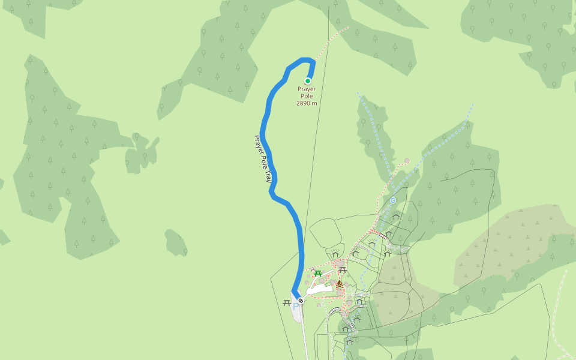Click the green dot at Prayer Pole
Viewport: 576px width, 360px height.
308,80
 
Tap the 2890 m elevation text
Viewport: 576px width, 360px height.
307,103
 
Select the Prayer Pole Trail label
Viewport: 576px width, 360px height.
263,158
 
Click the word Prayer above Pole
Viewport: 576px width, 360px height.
307,89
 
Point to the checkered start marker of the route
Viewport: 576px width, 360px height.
301,300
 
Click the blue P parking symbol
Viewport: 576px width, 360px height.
295,306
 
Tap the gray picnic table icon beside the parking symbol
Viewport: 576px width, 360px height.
286,303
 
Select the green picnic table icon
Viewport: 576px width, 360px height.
318,274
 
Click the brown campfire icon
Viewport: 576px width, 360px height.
339,283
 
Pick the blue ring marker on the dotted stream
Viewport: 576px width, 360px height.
393,200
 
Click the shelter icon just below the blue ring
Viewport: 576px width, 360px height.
395,217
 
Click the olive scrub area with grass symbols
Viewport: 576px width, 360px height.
510,240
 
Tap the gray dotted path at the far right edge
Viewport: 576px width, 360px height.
564,288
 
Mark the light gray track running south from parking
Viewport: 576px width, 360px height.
304,336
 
